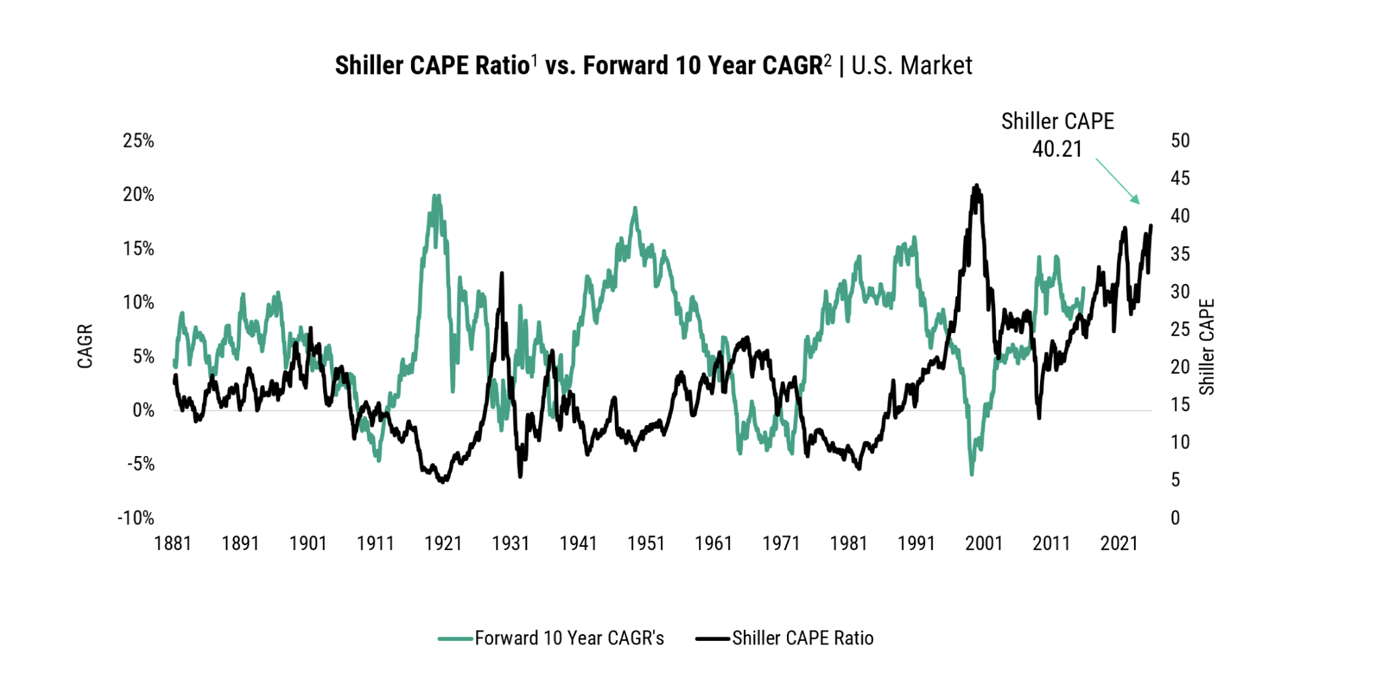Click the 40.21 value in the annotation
1057,149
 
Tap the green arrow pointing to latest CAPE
1117,181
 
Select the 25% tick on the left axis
138,141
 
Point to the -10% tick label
136,518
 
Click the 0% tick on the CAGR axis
143,410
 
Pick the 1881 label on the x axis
173,544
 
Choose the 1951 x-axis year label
646,544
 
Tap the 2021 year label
1119,544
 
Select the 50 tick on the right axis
1180,141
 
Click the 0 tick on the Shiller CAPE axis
1175,518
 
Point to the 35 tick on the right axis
1180,254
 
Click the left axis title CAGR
85,346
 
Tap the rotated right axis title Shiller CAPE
1207,347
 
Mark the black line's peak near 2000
976,186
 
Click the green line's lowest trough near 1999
971,474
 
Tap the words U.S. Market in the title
912,66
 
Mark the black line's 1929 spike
502,273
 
